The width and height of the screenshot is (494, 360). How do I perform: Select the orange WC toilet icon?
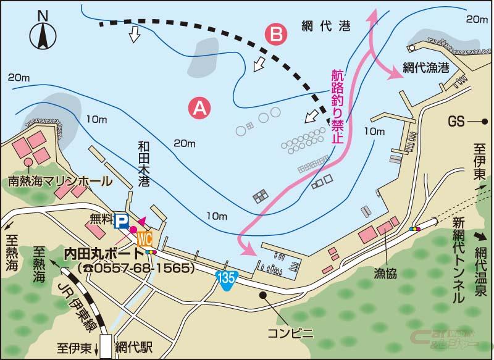[x=144, y=238]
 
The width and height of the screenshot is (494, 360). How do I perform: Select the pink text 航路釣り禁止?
[x=337, y=106]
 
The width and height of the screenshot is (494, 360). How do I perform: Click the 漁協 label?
[x=385, y=272]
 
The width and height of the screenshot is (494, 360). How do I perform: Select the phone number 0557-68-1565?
[x=138, y=269]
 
